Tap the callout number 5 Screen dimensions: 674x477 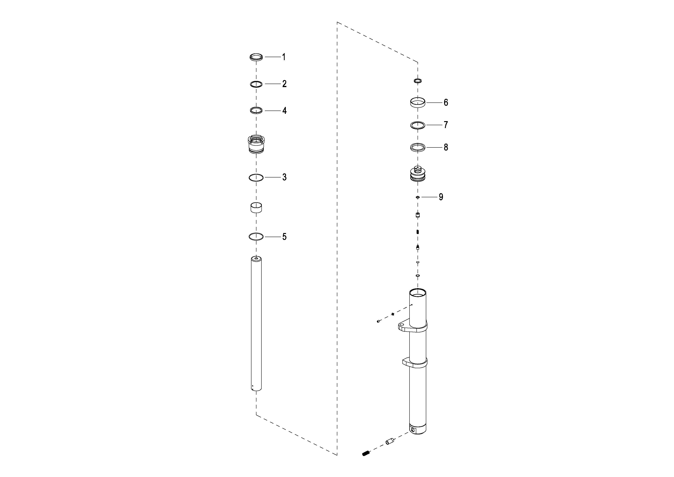tap(284, 237)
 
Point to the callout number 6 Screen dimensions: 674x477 tap(446, 102)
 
